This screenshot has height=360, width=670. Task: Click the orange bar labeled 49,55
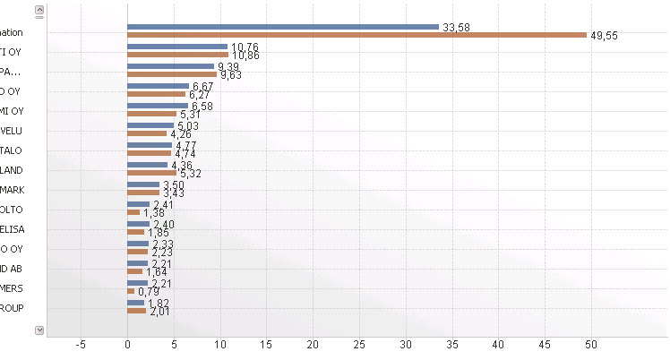pos(356,35)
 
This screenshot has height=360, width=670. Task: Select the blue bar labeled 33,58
pos(283,27)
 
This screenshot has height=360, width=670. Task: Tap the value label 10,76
pos(245,47)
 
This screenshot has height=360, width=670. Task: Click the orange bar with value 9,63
pos(172,74)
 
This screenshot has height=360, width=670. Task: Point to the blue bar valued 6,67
pos(158,86)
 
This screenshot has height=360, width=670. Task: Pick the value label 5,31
pos(190,114)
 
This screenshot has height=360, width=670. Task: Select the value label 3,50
pos(173,184)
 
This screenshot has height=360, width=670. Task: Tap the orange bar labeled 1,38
pos(133,212)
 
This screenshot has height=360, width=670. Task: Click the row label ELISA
pos(13,229)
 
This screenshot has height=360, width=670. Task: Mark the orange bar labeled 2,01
pos(136,311)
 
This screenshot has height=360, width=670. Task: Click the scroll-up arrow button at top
pos(39,11)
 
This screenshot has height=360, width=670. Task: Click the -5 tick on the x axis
pos(82,344)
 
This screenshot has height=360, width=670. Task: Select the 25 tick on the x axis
pos(359,344)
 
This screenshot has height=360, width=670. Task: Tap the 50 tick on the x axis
pos(591,344)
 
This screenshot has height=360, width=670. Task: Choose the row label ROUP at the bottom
pos(12,308)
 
